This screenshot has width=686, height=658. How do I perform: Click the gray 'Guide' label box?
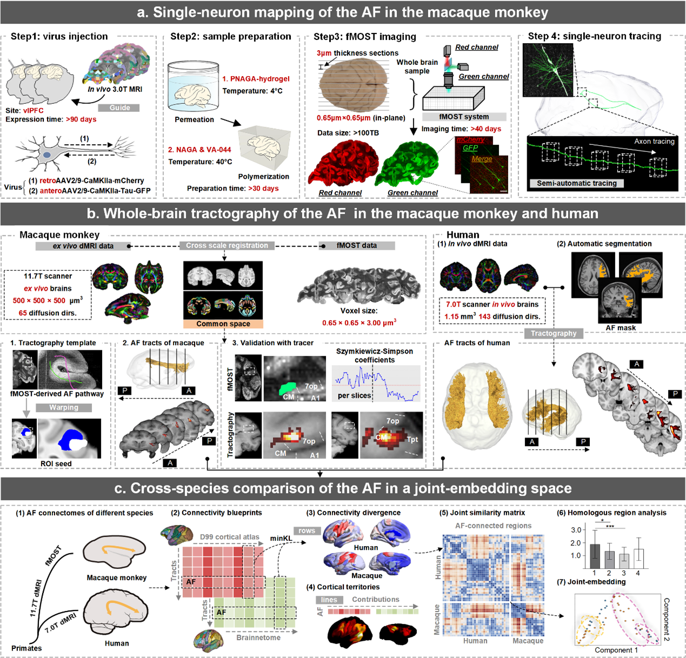click(119, 108)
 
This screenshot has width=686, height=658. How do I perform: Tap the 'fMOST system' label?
click(464, 117)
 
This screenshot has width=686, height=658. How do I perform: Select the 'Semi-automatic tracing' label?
click(576, 183)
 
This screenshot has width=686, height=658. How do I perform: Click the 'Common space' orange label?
click(223, 324)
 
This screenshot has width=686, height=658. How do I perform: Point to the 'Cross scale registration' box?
click(227, 245)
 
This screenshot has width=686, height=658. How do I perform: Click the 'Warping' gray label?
click(64, 408)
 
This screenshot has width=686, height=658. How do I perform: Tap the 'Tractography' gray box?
click(553, 334)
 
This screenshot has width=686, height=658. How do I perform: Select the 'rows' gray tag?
click(307, 530)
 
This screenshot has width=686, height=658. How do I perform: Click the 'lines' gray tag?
click(329, 600)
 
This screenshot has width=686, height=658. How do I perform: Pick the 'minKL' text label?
click(281, 538)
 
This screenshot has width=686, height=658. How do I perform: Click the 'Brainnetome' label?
click(258, 637)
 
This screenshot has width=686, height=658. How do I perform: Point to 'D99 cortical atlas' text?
click(229, 537)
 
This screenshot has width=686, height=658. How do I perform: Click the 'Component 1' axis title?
click(616, 650)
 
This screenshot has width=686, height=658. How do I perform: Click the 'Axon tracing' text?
click(654, 142)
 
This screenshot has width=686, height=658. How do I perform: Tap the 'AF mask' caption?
click(621, 328)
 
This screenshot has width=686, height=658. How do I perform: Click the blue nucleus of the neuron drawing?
click(48, 155)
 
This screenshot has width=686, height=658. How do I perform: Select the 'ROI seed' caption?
click(56, 463)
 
